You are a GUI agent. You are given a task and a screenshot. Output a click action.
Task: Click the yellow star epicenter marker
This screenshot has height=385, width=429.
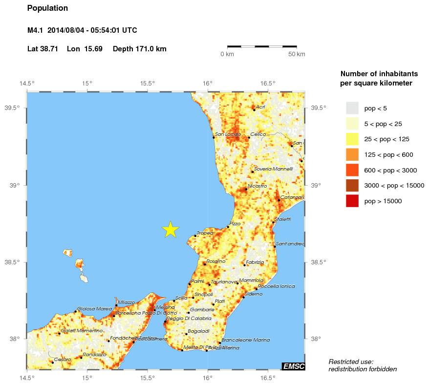pyautogui.click(x=170, y=229)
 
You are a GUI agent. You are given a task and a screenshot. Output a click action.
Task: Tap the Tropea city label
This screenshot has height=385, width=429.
pyautogui.click(x=205, y=234)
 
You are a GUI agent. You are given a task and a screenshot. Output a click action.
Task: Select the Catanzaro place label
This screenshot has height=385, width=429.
pyautogui.click(x=292, y=197)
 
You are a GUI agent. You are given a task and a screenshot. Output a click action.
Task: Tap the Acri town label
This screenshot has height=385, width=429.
pyautogui.click(x=260, y=107)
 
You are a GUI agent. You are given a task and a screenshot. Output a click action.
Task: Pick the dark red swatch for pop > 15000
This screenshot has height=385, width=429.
pyautogui.click(x=352, y=201)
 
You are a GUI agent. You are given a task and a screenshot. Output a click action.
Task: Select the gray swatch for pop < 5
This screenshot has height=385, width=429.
pyautogui.click(x=352, y=108)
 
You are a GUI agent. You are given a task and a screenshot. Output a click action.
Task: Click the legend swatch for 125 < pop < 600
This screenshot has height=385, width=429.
pyautogui.click(x=352, y=154)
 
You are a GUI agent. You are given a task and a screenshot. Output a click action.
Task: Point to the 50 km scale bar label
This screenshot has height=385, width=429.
pyautogui.click(x=297, y=54)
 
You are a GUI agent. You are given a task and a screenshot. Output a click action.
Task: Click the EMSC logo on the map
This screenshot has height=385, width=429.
pyautogui.click(x=293, y=366)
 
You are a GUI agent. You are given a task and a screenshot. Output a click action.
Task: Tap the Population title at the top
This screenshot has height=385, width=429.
pyautogui.click(x=48, y=8)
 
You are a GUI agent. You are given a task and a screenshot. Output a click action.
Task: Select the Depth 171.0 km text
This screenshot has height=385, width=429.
pyautogui.click(x=140, y=49)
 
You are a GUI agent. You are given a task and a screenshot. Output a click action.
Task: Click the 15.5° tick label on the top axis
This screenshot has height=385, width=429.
pyautogui.click(x=148, y=83)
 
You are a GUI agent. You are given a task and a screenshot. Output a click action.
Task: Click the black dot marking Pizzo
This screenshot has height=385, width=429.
pyautogui.click(x=228, y=227)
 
